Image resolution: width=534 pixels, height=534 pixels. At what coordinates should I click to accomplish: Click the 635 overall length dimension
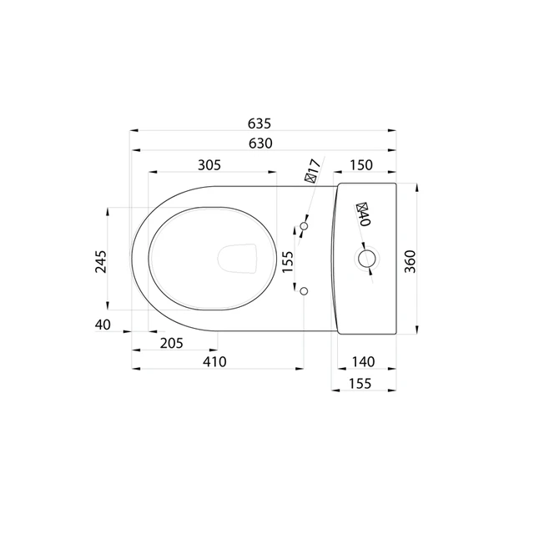point(259,123)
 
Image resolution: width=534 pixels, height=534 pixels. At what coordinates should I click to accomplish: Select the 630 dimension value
point(260,144)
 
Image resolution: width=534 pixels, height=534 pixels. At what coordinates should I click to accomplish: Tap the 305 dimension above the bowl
point(209,165)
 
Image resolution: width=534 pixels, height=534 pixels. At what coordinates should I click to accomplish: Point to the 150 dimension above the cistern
point(361,165)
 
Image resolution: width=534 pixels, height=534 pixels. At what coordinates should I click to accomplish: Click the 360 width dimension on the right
point(411,261)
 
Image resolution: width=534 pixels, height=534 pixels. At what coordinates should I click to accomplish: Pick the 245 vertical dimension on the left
point(101,261)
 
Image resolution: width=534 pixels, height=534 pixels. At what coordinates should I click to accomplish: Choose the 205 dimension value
point(172,343)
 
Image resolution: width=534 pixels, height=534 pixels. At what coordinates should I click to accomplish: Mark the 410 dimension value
point(214,361)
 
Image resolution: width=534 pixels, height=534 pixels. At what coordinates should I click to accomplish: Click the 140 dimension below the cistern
point(364,361)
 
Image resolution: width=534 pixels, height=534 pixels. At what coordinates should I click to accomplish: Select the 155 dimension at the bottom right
point(360,384)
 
